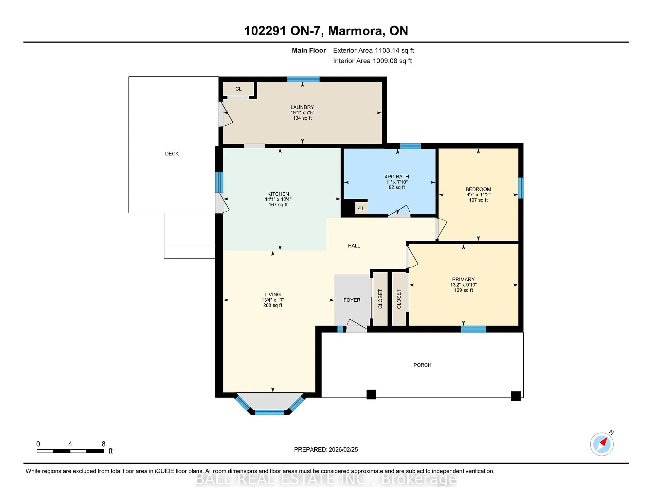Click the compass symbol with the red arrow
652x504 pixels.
pyautogui.click(x=602, y=444)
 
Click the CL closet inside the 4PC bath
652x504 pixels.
pyautogui.click(x=361, y=208)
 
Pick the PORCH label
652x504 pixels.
pyautogui.click(x=422, y=365)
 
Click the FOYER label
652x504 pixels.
pyautogui.click(x=352, y=300)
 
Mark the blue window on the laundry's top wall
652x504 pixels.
pyautogui.click(x=303, y=79)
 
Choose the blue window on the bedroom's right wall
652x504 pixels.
pyautogui.click(x=521, y=188)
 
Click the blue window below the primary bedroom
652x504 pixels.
pyautogui.click(x=474, y=329)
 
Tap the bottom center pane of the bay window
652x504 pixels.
pyautogui.click(x=270, y=412)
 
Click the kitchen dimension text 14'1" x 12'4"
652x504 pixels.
pyautogui.click(x=278, y=199)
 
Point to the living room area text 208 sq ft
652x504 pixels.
pyautogui.click(x=272, y=305)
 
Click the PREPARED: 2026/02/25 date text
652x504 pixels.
pyautogui.click(x=326, y=449)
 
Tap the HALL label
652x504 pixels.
pyautogui.click(x=354, y=246)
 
